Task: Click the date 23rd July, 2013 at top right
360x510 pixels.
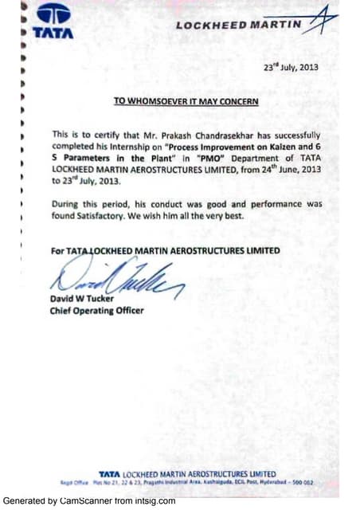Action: [x=290, y=67]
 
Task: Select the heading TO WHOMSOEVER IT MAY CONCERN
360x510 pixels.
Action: [x=185, y=102]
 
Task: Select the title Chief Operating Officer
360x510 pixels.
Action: [x=96, y=311]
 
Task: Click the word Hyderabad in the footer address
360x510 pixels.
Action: [x=280, y=483]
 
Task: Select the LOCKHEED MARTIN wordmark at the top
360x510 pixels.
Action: [x=239, y=25]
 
